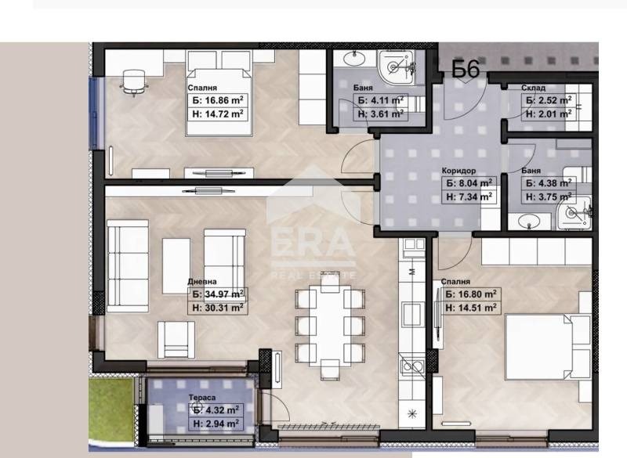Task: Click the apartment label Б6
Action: (466, 69)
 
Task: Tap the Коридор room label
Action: (458, 171)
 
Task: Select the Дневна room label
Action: (202, 282)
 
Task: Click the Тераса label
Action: (202, 397)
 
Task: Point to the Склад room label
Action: (533, 88)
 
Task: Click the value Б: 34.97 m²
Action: (218, 294)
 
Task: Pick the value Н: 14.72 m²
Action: (218, 114)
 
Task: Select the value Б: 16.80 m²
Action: (471, 294)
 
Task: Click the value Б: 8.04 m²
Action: (469, 183)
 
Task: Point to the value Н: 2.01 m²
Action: (549, 114)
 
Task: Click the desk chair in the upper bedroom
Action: (133, 82)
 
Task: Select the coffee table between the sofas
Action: (176, 266)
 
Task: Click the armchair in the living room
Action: (176, 340)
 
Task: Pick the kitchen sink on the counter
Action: (413, 366)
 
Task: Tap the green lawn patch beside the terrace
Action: (111, 409)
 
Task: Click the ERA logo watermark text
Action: (313, 243)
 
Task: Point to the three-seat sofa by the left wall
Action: (128, 265)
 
